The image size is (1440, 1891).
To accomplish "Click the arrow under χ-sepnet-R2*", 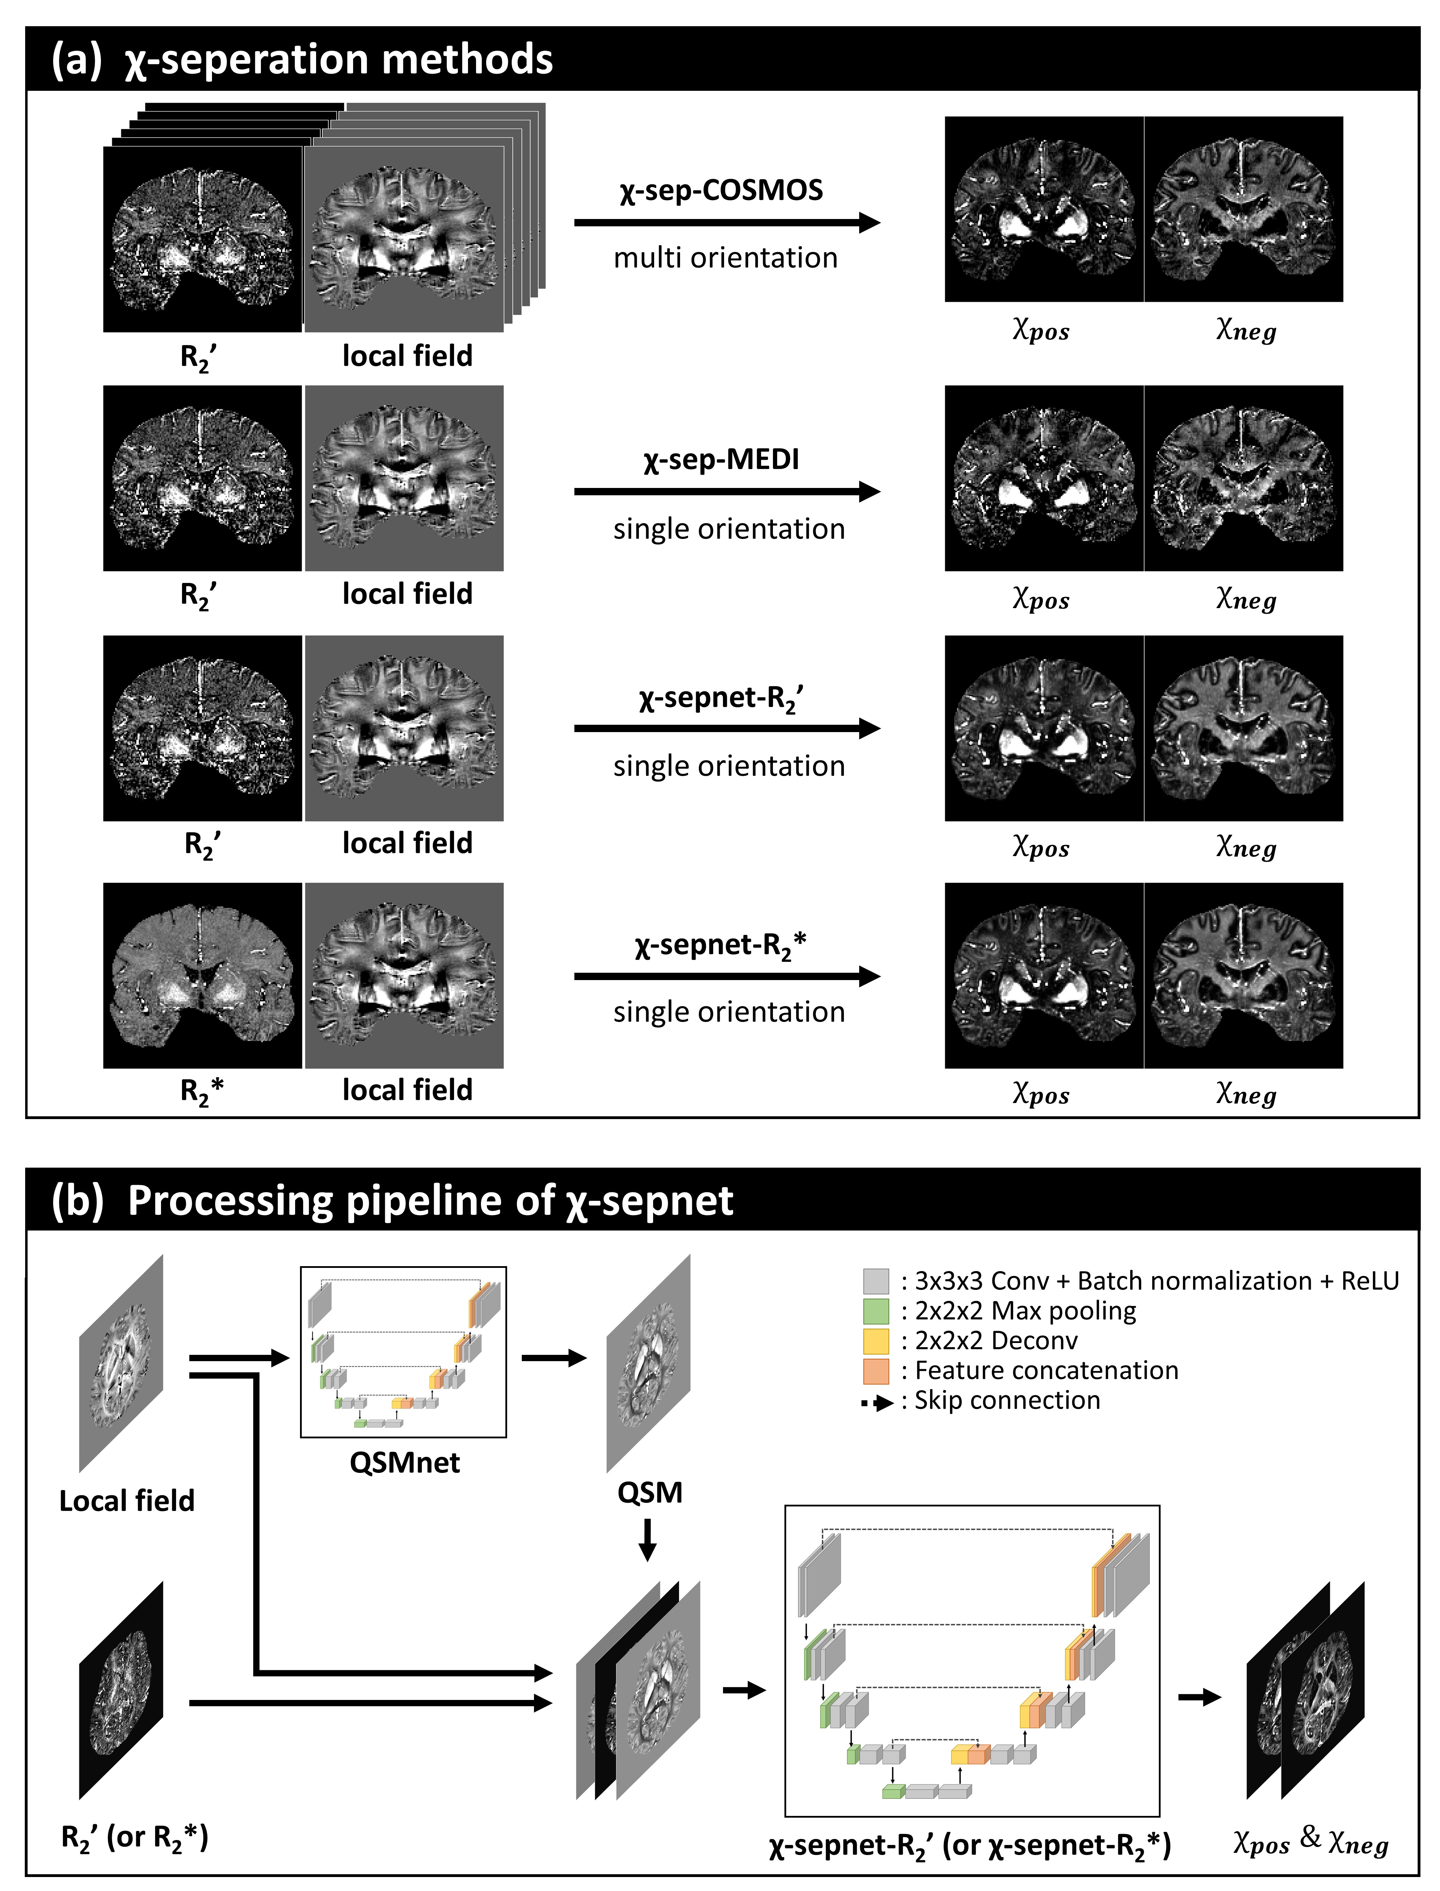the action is click(x=727, y=976).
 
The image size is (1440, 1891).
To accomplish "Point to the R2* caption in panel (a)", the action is click(x=202, y=1091).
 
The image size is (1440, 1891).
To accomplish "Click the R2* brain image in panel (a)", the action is click(x=202, y=976).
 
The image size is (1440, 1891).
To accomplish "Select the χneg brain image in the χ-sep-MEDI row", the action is click(x=1244, y=478).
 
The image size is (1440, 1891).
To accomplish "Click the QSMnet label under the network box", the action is click(x=404, y=1462).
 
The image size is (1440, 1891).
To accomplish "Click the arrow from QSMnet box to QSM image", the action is click(x=554, y=1358).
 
